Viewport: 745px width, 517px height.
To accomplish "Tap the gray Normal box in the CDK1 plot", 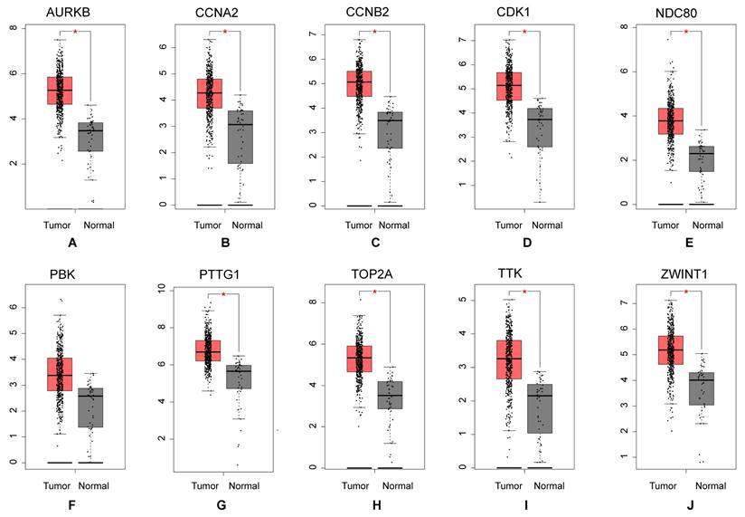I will [x=540, y=139].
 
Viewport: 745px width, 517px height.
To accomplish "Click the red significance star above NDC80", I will [x=687, y=33].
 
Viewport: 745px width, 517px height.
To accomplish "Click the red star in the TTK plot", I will [x=524, y=292].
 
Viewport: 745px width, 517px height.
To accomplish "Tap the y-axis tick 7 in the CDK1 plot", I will [x=485, y=41].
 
